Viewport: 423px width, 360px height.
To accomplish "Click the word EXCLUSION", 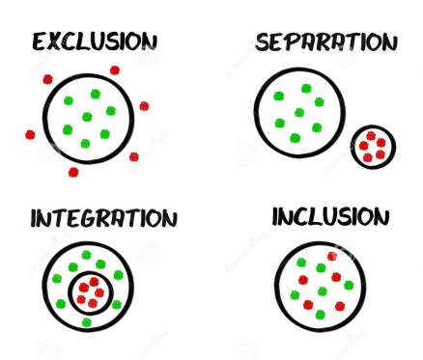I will [94, 42].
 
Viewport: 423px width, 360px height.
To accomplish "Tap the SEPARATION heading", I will [326, 43].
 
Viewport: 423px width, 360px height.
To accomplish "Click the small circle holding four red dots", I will [371, 148].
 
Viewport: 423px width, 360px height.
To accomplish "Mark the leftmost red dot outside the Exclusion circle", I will [30, 134].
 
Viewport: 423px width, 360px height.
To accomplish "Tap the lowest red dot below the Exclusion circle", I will [73, 172].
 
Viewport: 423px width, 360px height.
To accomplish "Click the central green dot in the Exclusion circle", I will [87, 117].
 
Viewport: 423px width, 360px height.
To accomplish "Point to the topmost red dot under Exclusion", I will [115, 69].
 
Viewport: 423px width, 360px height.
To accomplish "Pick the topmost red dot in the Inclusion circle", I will [331, 257].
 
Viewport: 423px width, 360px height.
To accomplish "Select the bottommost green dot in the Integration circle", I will [87, 321].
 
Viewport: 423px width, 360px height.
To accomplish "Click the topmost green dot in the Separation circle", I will [306, 88].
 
